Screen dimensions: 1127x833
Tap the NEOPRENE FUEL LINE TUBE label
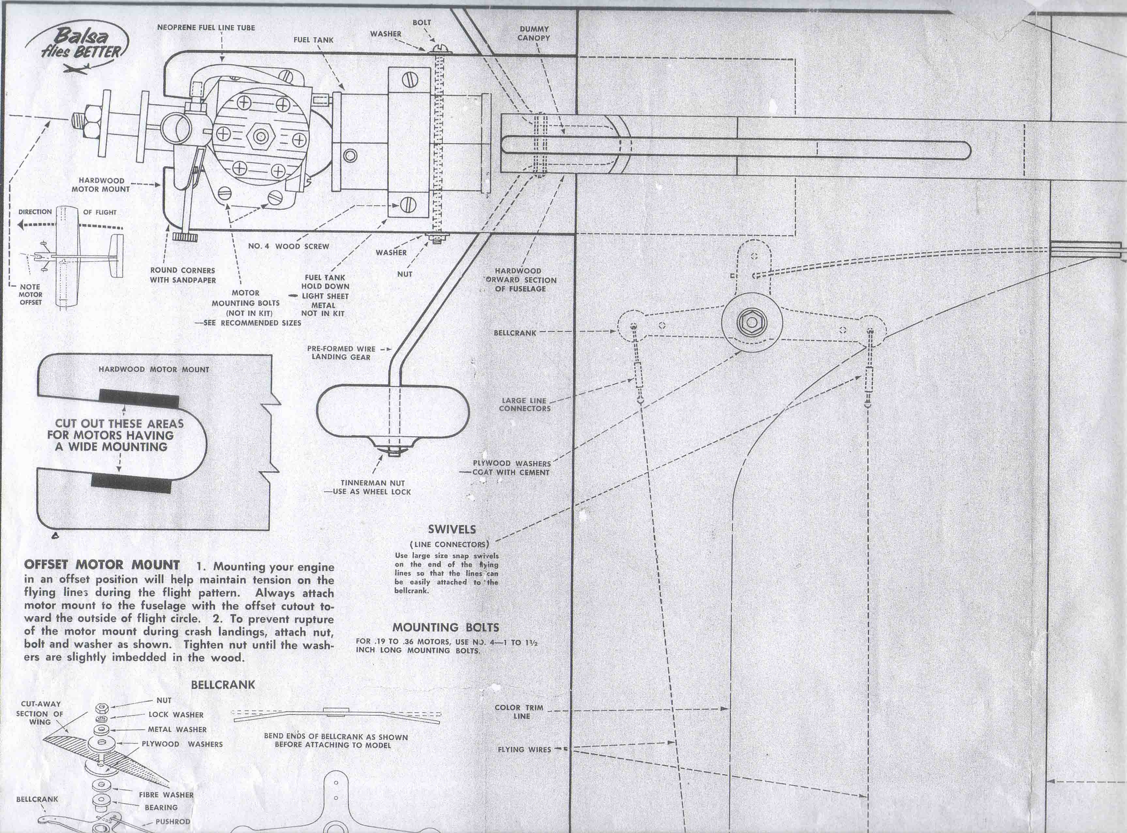click(206, 28)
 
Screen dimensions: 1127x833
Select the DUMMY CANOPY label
click(534, 33)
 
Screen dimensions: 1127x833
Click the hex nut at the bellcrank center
click(751, 323)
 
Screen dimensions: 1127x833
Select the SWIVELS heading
click(452, 529)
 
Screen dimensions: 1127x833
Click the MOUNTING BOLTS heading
click(446, 628)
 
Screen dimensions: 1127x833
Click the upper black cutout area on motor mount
click(139, 398)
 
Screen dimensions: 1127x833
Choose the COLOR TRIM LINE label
click(519, 712)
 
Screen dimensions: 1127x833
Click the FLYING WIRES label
click(524, 750)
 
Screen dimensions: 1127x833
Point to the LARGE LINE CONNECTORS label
click(524, 404)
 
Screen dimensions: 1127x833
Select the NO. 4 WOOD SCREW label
click(288, 246)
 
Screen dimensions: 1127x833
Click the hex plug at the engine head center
click(261, 136)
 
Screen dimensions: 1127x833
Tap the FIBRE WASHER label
click(166, 795)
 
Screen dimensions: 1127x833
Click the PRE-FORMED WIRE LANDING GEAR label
click(341, 353)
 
